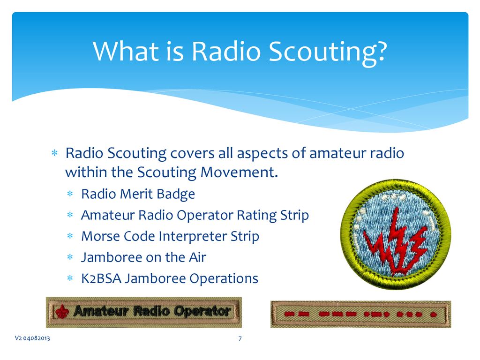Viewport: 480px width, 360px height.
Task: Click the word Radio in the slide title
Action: point(225,51)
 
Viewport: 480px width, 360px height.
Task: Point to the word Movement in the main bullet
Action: point(239,172)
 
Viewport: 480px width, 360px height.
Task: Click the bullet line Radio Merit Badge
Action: point(138,194)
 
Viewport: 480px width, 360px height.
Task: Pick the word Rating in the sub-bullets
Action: point(256,216)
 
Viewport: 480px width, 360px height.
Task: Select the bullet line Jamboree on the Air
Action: point(143,257)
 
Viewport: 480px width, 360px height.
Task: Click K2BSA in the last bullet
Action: point(101,278)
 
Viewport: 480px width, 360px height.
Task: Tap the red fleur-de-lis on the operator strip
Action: point(62,311)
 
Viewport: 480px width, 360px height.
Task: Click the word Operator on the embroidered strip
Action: point(202,311)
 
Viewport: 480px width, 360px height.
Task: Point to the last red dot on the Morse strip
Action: point(433,314)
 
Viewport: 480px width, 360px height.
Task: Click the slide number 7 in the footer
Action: point(240,338)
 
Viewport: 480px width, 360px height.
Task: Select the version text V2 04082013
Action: point(32,338)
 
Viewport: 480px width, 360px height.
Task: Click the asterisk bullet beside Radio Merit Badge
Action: point(70,194)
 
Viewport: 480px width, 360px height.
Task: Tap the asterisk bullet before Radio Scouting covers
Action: point(54,153)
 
